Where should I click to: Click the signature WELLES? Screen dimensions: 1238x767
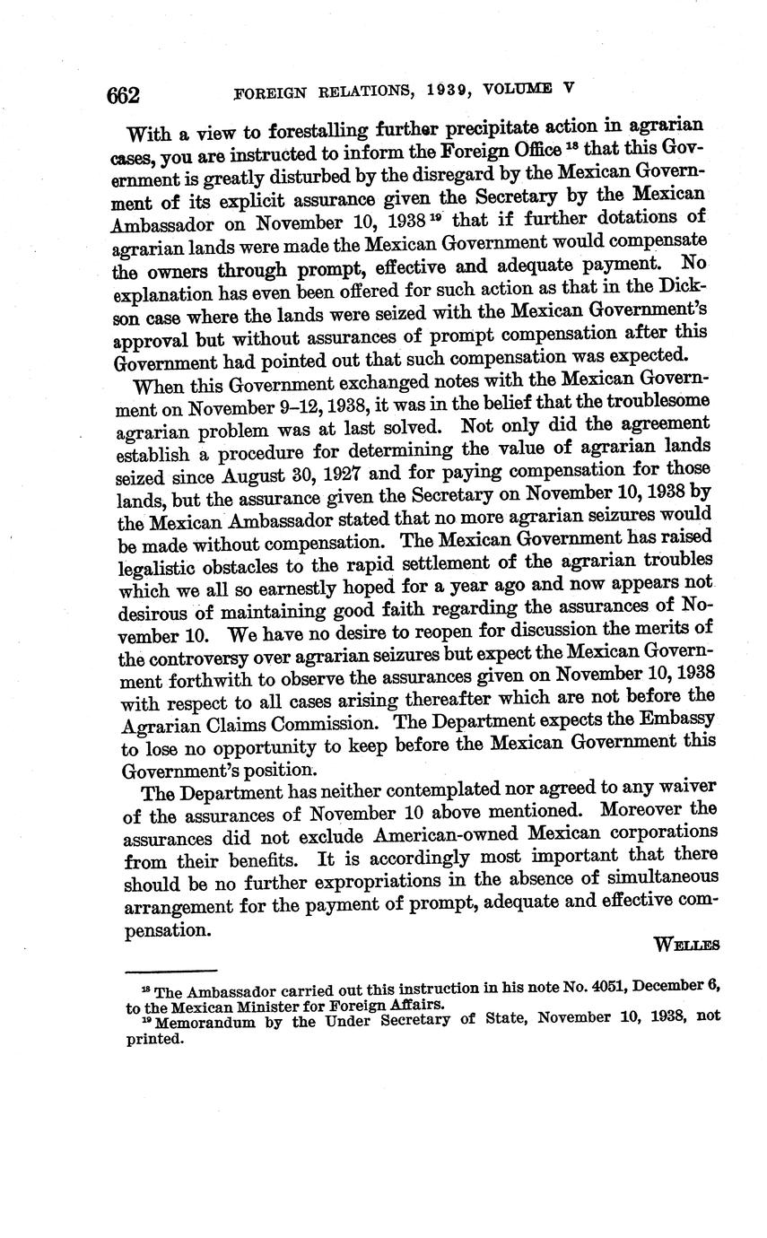[687, 944]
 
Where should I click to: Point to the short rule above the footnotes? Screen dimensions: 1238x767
[171, 970]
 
